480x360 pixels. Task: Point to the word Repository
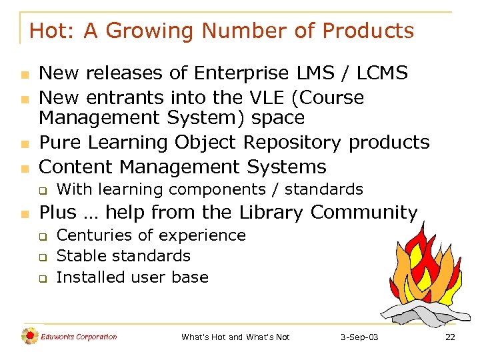click(293, 142)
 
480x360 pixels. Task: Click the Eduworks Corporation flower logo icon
click(29, 337)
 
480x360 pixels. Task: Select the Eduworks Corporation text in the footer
click(79, 337)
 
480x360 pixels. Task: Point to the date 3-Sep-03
click(359, 337)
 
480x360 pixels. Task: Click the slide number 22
click(450, 337)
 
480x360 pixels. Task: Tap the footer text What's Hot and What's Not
click(235, 337)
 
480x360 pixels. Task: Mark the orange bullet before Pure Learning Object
click(23, 143)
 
